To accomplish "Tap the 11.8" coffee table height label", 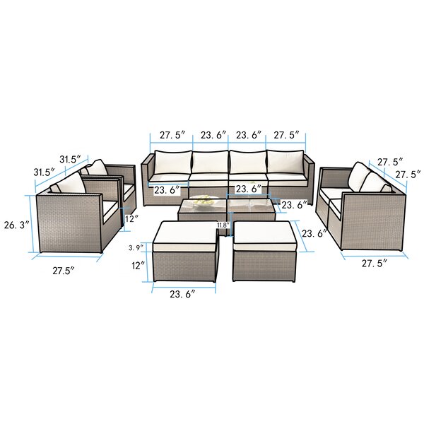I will point(223,225).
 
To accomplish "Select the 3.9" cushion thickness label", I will point(135,248).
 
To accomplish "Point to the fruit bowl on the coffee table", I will point(205,204).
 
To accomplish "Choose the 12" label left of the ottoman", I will point(137,265).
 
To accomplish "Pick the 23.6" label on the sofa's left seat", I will point(169,189).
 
